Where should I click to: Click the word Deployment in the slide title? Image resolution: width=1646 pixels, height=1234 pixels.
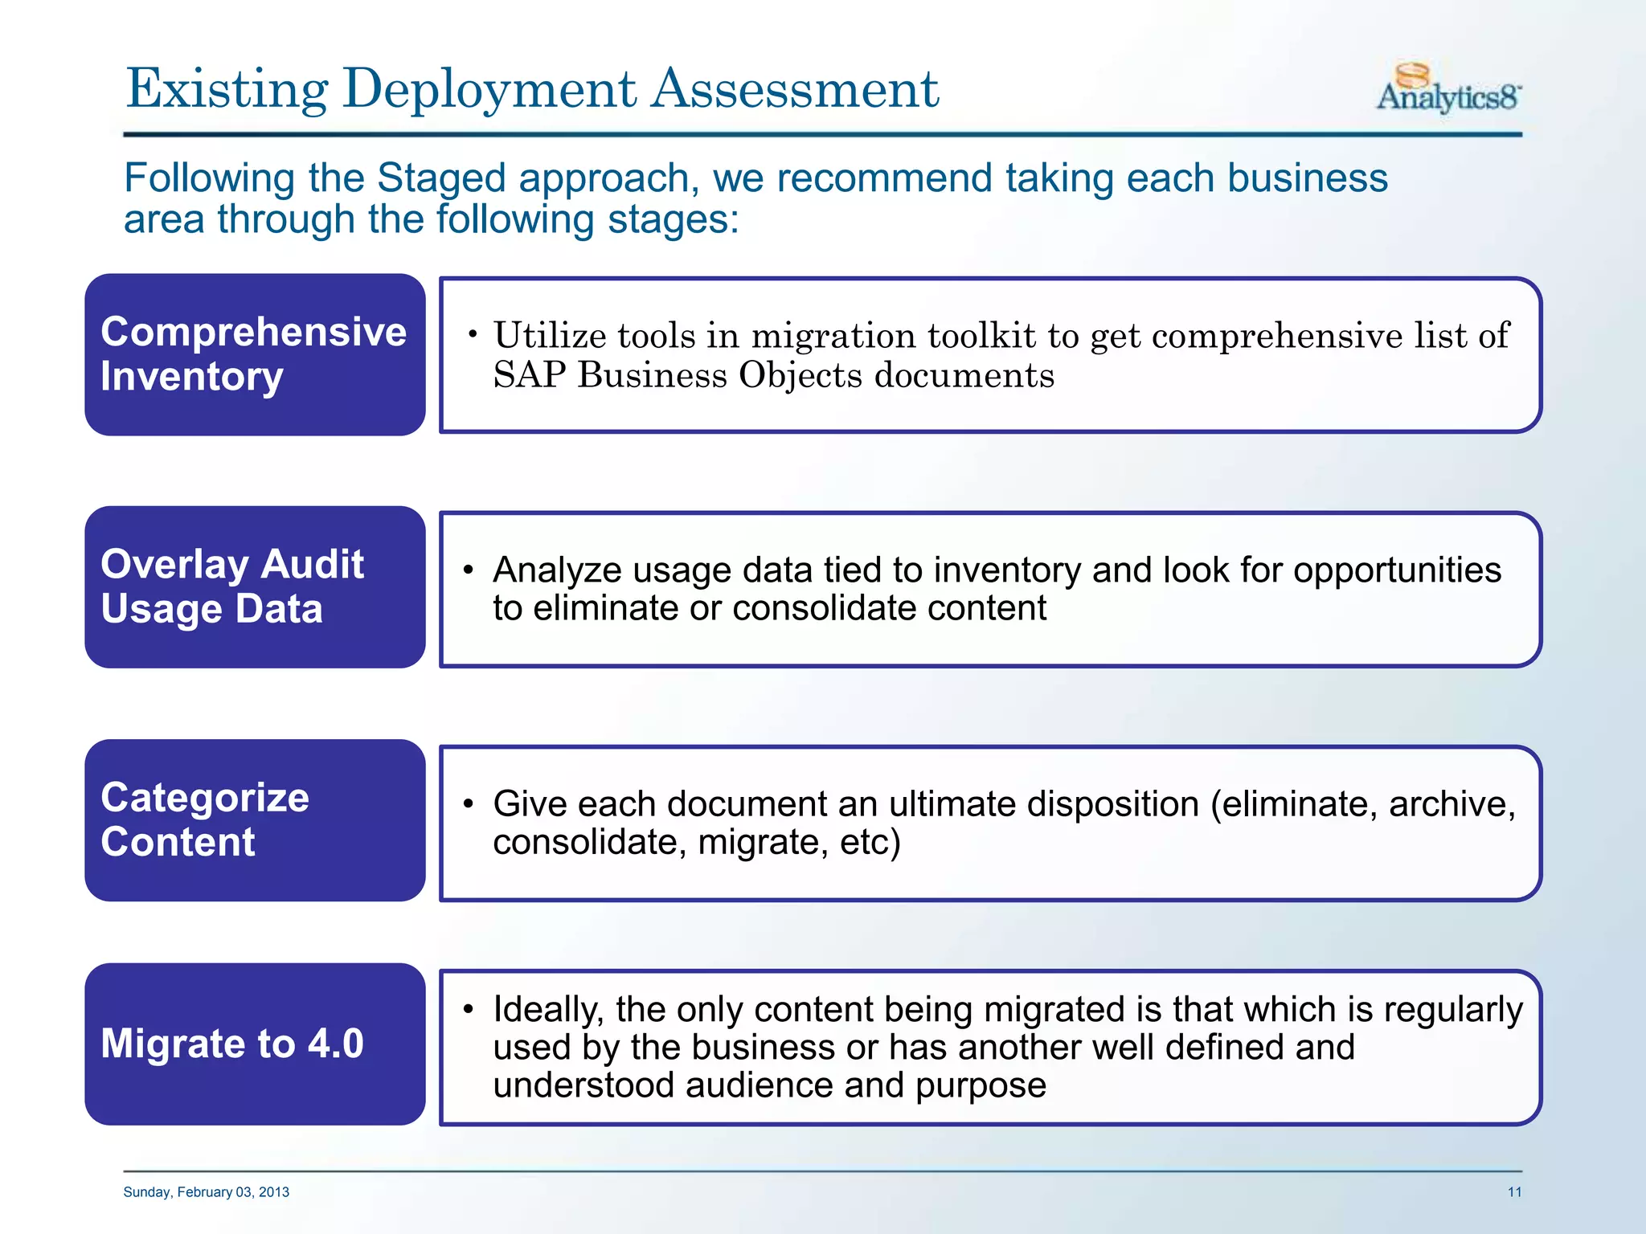pos(489,89)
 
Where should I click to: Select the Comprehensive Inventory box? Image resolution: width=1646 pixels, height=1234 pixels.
pos(255,354)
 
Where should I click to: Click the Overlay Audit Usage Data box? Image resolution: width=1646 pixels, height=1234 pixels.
pos(255,586)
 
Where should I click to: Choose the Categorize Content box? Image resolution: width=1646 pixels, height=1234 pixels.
pos(255,819)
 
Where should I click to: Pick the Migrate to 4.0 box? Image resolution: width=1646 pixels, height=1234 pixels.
pos(255,1044)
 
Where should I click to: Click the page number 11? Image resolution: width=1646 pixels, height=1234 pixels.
pos(1513,1191)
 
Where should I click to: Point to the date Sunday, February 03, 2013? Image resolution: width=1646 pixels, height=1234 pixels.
pos(206,1191)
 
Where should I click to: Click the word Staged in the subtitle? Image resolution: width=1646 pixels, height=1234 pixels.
pos(441,178)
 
